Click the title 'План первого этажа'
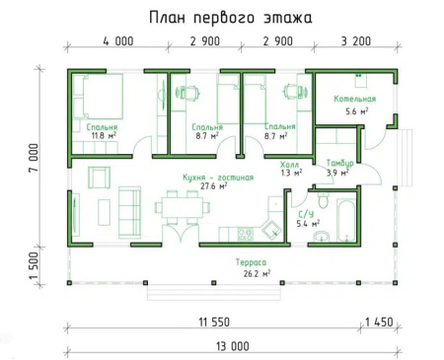tap(231, 18)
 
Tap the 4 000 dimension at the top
tap(118, 41)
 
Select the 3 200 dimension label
tap(356, 41)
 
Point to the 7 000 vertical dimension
tap(34, 158)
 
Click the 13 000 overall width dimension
tap(233, 346)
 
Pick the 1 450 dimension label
tap(379, 322)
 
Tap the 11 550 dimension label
tap(214, 322)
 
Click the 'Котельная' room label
tap(355, 99)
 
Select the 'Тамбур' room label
tap(339, 163)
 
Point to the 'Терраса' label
tap(251, 262)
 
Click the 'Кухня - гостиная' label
tap(218, 178)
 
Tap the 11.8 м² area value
tap(105, 135)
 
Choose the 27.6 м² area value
tap(214, 186)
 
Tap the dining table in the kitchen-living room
tap(183, 207)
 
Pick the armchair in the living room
tap(99, 178)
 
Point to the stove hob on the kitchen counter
tap(246, 235)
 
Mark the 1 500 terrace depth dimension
tap(34, 265)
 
